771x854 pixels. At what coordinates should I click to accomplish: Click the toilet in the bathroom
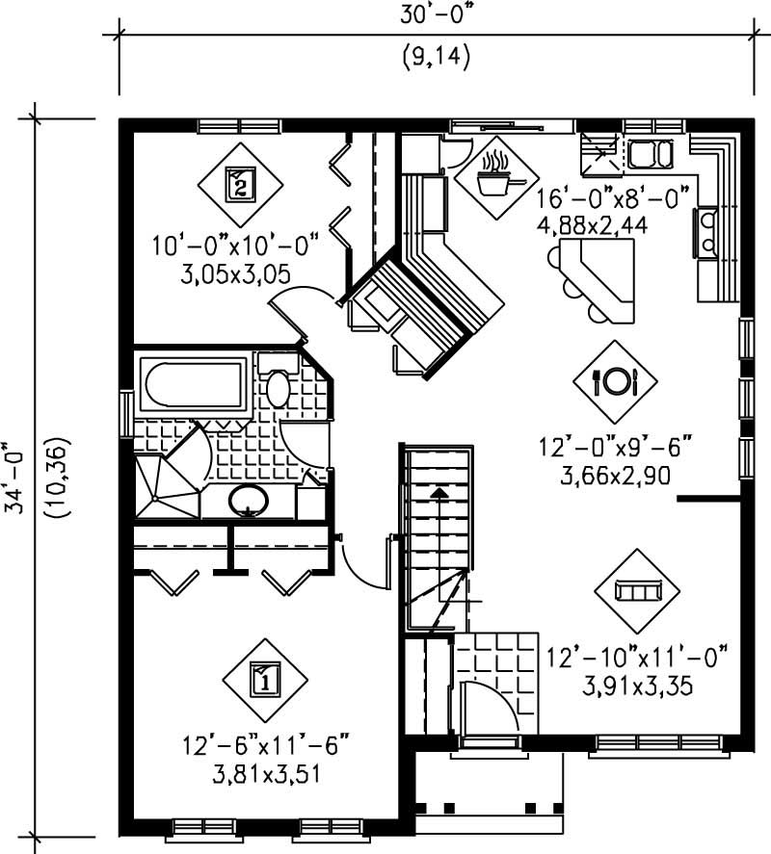pos(278,382)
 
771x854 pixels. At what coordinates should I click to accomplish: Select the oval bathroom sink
pos(249,500)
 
